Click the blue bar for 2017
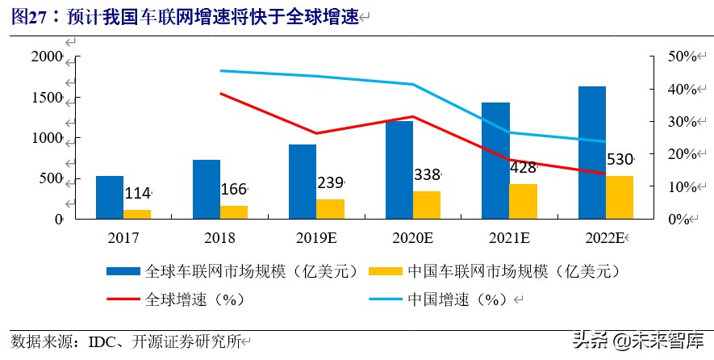point(110,197)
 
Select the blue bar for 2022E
point(592,153)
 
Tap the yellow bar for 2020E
point(427,205)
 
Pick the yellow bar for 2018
point(234,211)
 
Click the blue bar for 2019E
point(303,182)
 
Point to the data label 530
point(619,159)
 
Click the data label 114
point(137,194)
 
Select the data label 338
point(427,175)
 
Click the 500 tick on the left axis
point(52,178)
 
